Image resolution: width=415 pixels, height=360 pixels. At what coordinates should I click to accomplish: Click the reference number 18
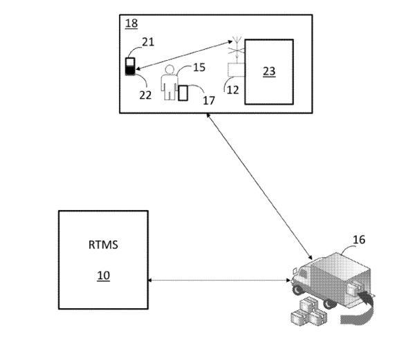pos(131,24)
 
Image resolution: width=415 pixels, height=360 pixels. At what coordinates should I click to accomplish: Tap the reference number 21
pos(147,43)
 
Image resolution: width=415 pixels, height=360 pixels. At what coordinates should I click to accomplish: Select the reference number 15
pos(199,68)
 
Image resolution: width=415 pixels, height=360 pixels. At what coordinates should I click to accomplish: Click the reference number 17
pos(208,100)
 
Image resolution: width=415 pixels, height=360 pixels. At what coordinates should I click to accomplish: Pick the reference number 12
pos(234,91)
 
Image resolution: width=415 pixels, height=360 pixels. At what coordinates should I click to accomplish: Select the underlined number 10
pos(102,275)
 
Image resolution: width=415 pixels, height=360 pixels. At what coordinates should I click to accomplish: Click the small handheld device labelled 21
pos(129,67)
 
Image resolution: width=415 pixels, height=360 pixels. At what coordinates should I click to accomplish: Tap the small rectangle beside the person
pos(183,93)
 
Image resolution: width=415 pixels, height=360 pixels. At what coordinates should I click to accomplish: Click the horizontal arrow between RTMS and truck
pos(219,280)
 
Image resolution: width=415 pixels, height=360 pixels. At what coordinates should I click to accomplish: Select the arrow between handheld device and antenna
pos(184,56)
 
